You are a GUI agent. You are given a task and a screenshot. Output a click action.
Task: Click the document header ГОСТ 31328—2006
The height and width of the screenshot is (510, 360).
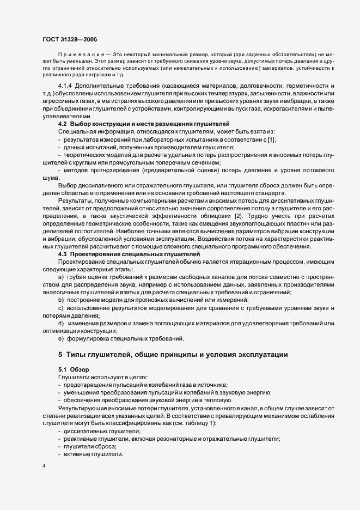[x=71, y=39]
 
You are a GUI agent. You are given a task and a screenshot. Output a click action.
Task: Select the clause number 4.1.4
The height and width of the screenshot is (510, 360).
[x=66, y=87]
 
